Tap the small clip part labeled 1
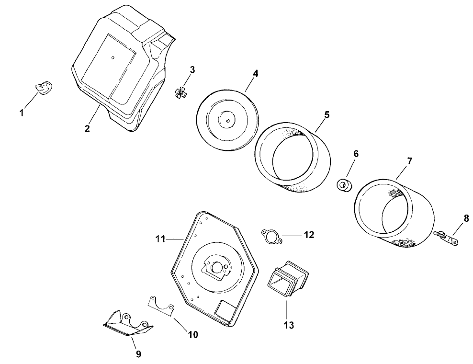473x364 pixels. pos(44,88)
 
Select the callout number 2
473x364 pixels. pos(87,128)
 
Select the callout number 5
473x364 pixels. pos(327,114)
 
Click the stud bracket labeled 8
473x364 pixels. pos(445,238)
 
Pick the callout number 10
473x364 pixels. pos(192,335)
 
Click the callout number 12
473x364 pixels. pos(308,235)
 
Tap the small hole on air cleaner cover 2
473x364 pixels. pos(113,57)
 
